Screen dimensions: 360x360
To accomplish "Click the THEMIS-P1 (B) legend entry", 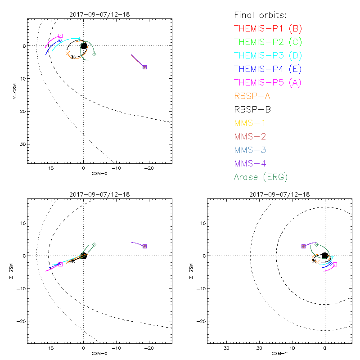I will coord(268,29).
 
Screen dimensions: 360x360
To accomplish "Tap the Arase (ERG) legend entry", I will coord(261,177).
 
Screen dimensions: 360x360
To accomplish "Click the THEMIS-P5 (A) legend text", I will coord(268,82).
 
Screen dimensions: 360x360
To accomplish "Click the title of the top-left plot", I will coord(100,14).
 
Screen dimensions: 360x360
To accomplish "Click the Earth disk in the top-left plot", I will coord(84,45).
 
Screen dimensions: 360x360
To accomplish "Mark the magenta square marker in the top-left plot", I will coord(61,36).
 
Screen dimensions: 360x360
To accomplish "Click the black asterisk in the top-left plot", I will coord(72,57).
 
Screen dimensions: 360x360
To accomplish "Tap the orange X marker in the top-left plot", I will coord(68,54).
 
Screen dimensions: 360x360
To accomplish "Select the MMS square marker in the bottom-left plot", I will coord(144,246).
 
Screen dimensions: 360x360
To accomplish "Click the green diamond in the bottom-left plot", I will coord(94,244).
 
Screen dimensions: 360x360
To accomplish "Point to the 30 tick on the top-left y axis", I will coord(23,144).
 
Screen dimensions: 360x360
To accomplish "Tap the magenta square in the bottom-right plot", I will coord(335,264).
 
